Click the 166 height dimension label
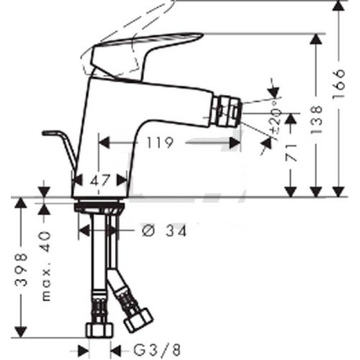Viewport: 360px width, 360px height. click(x=339, y=83)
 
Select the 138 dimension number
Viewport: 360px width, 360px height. click(x=316, y=120)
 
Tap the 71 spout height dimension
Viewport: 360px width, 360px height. click(x=291, y=153)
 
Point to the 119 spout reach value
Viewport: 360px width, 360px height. click(x=160, y=143)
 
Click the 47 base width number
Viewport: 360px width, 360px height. click(x=101, y=180)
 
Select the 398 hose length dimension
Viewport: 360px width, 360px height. click(x=21, y=269)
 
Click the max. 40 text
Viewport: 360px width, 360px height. click(x=46, y=266)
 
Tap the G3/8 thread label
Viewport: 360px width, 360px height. click(x=157, y=350)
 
